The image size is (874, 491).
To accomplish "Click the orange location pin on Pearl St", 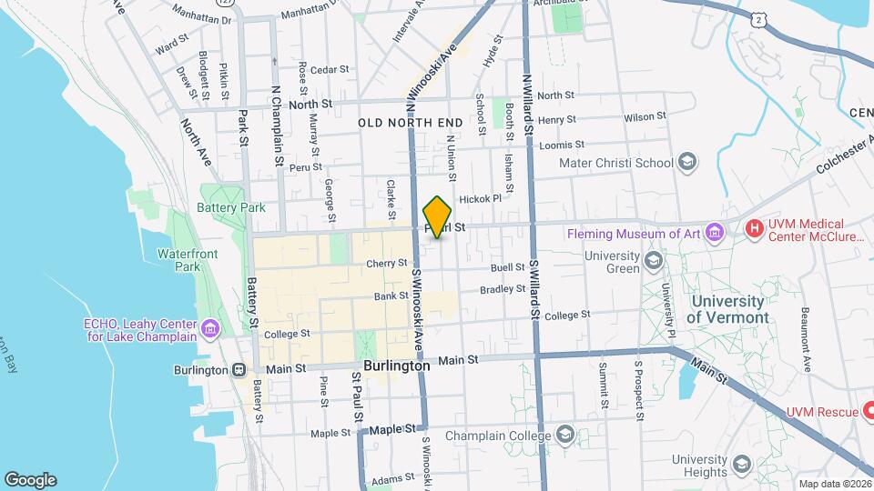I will (x=438, y=216).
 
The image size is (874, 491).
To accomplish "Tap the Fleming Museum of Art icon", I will (x=716, y=234).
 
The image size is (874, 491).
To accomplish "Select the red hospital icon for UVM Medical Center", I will (x=753, y=228).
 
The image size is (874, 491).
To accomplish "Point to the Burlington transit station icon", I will (x=239, y=370).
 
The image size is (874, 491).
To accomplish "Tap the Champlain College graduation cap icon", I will (x=565, y=434).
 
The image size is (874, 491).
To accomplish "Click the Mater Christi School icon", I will (x=687, y=163).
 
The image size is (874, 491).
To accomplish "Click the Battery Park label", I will (x=230, y=207).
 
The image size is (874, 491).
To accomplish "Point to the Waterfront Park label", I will (x=188, y=260).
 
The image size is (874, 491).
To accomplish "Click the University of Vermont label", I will (x=727, y=309).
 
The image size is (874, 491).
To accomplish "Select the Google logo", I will (x=30, y=480).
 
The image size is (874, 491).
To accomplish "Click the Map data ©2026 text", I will (x=834, y=484).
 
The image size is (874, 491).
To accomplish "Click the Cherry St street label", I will (x=386, y=264).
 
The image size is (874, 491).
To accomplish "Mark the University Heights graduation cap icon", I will (x=742, y=466).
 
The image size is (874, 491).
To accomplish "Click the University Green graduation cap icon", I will (x=653, y=262).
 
